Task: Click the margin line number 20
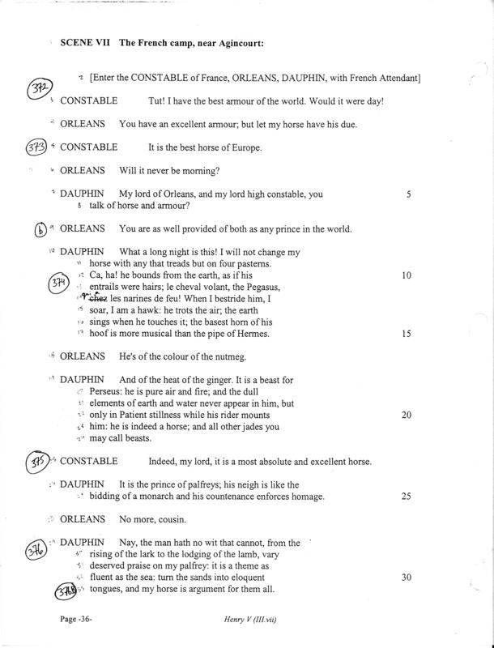(x=407, y=415)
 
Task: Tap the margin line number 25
(x=407, y=496)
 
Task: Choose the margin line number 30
(x=407, y=577)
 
